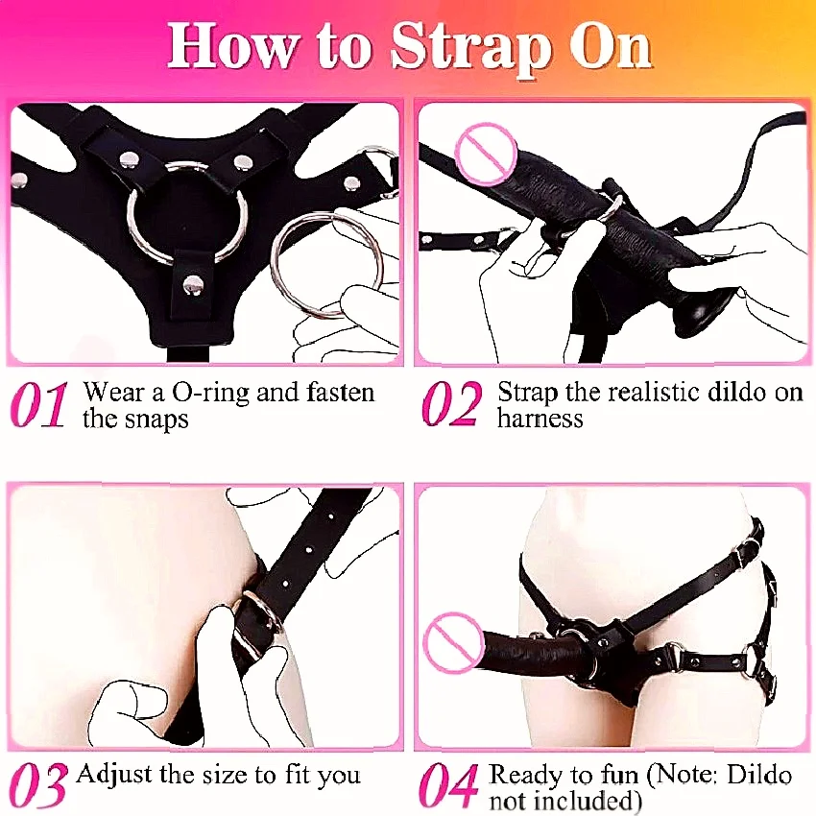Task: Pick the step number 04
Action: click(x=448, y=785)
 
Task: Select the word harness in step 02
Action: click(x=540, y=418)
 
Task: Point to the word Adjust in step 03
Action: click(x=114, y=776)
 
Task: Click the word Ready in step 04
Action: click(x=527, y=776)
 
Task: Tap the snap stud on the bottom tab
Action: click(x=194, y=285)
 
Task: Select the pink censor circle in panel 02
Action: click(x=485, y=153)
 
